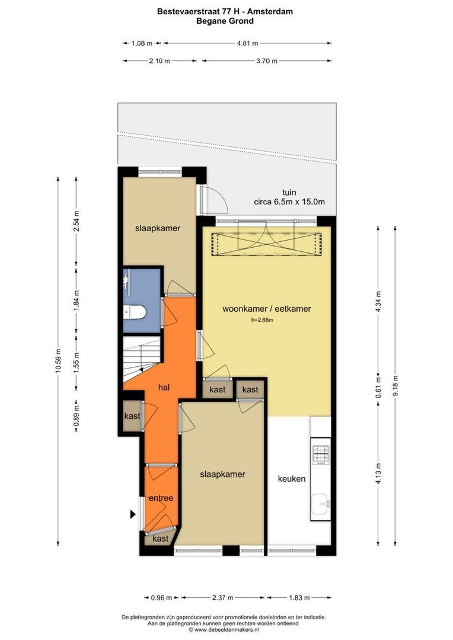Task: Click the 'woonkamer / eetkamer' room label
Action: [x=266, y=309]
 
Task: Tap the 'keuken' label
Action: [x=292, y=479]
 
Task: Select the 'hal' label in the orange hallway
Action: [x=164, y=388]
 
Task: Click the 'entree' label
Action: [x=161, y=498]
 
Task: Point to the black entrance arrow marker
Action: [x=133, y=514]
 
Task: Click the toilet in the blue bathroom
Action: [x=135, y=313]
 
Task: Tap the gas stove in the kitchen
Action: [x=321, y=455]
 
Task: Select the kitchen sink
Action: [x=321, y=505]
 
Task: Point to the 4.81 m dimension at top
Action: [x=247, y=43]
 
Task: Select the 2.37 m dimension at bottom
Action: [x=222, y=597]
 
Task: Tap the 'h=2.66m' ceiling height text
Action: [x=262, y=320]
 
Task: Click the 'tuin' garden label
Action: [x=289, y=192]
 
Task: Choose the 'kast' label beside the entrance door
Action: [x=161, y=539]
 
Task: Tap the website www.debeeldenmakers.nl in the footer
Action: [x=226, y=629]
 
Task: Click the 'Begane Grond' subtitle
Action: [x=225, y=21]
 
